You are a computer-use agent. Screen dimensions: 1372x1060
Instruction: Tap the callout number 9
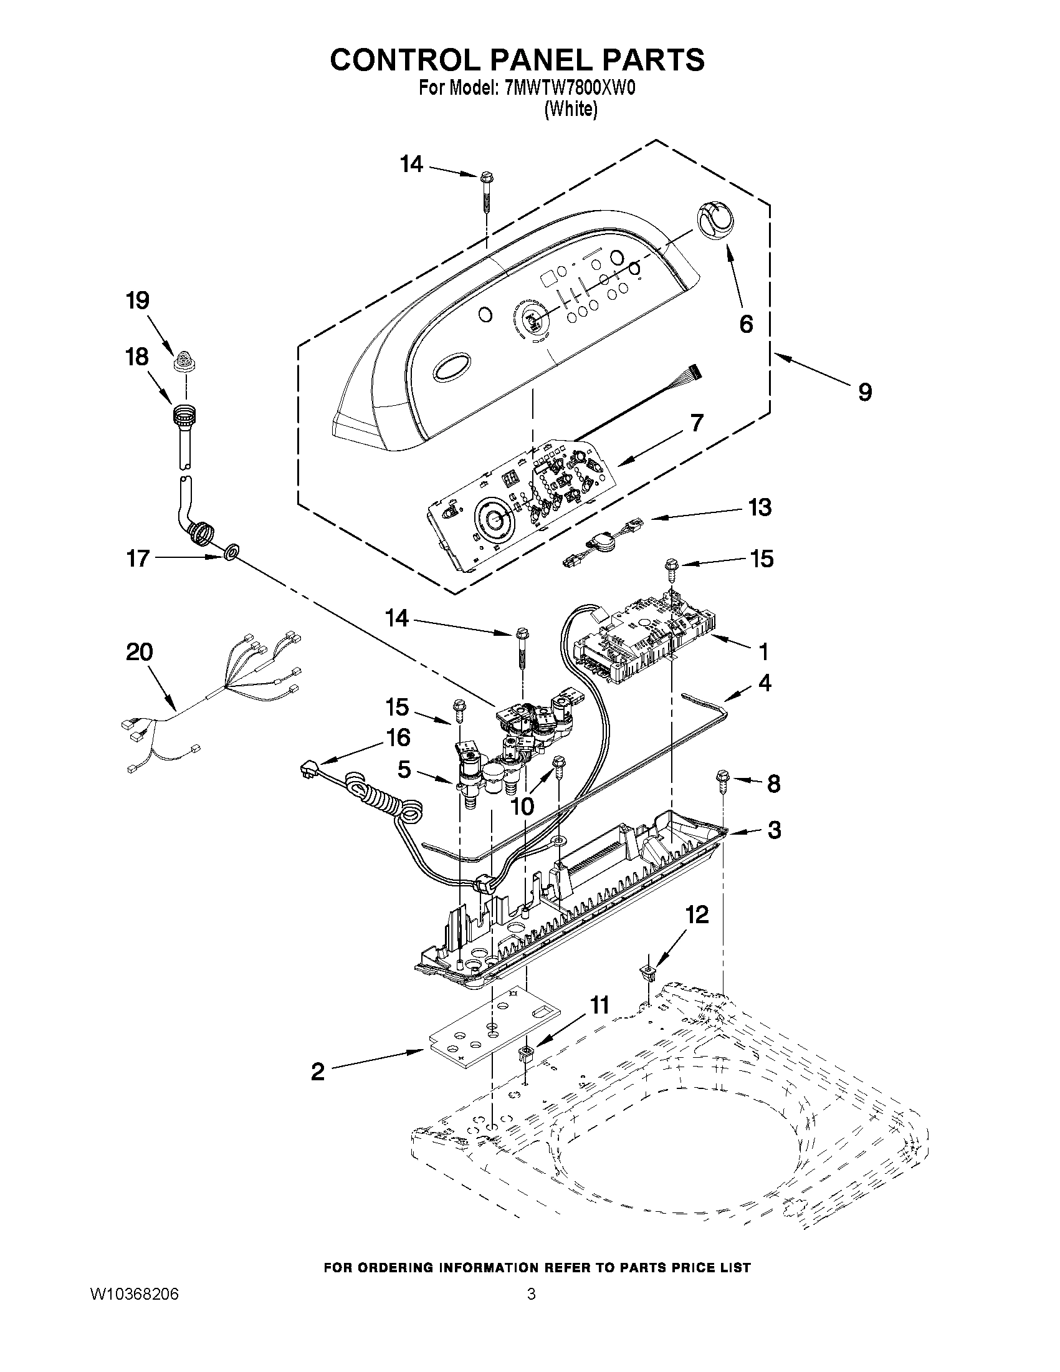click(865, 393)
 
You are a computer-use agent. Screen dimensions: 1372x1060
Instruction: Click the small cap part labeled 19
click(183, 361)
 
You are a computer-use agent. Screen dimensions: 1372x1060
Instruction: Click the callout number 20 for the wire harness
click(139, 652)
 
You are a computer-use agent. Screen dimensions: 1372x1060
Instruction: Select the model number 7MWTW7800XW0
click(570, 89)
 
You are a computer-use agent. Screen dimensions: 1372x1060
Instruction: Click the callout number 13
click(760, 507)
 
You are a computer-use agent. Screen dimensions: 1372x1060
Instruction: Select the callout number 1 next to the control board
click(763, 652)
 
